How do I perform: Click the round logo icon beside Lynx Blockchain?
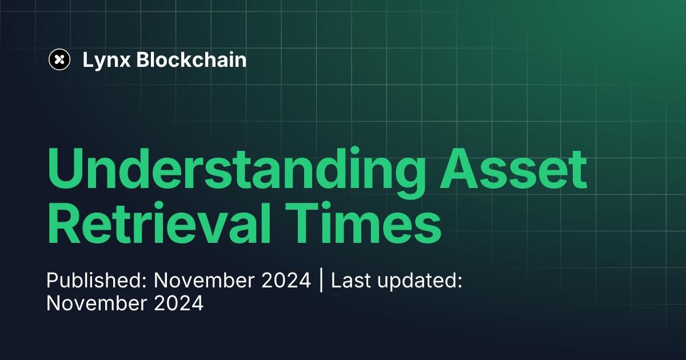(59, 59)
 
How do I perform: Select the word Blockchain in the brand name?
(192, 59)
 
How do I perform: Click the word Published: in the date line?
(97, 281)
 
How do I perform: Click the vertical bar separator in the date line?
(321, 281)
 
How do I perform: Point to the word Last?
(350, 281)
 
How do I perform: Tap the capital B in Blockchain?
(142, 59)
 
